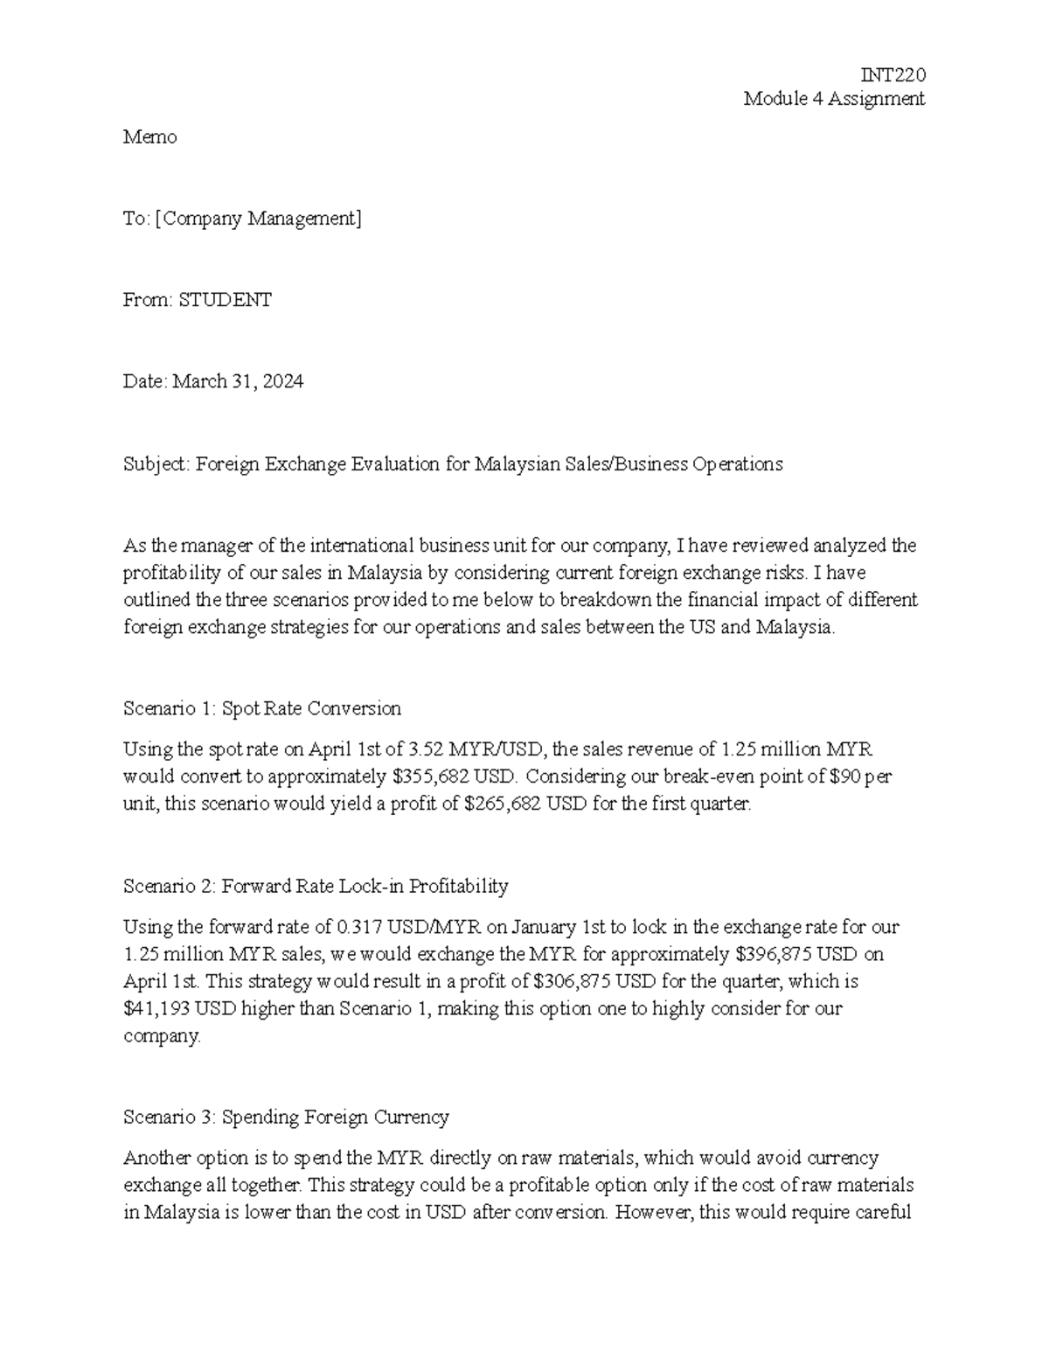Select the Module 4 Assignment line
(833, 99)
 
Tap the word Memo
(149, 137)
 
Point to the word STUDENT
(225, 300)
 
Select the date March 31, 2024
(238, 381)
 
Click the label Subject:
(156, 463)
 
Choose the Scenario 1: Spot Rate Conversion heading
(262, 708)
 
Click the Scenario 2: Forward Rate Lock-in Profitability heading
(316, 886)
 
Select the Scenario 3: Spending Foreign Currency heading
(286, 1117)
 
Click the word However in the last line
(651, 1213)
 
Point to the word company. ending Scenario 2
(162, 1036)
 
